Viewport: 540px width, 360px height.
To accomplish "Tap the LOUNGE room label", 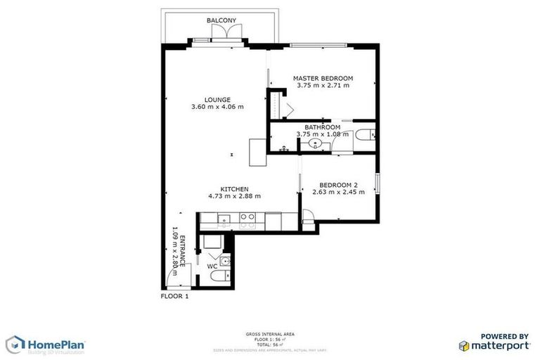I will (x=217, y=99).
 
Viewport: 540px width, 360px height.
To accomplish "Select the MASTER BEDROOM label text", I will (x=323, y=77).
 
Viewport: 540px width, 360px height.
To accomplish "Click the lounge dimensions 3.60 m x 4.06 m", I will (x=217, y=108).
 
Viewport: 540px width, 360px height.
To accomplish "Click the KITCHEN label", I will (x=234, y=189).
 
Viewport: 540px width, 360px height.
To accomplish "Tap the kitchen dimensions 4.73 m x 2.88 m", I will (x=234, y=196).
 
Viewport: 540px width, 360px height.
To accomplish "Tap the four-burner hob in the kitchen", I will (x=247, y=219).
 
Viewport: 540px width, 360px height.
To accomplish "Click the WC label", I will (x=212, y=266).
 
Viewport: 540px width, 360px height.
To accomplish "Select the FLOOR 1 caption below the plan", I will (x=175, y=297).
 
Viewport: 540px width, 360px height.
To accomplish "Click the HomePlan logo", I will (x=46, y=345).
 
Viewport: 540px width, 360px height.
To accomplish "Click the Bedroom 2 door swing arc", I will (x=307, y=217).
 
